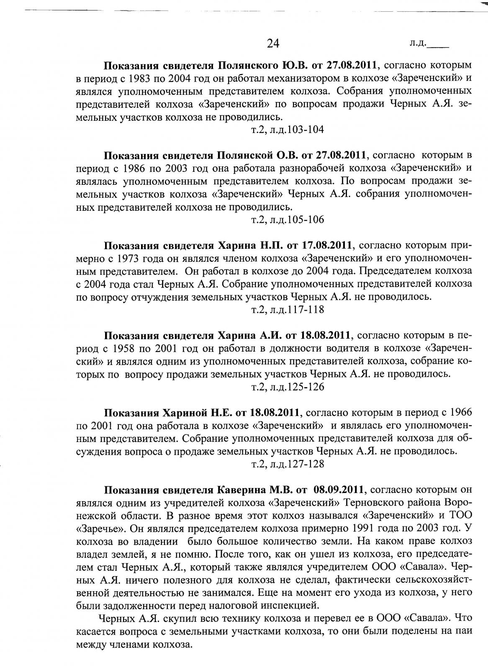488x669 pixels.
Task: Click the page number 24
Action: pyautogui.click(x=272, y=43)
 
